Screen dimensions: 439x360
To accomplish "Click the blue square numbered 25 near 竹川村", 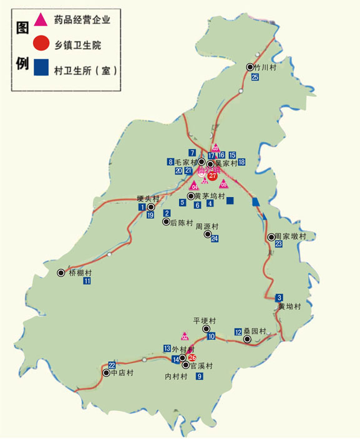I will coord(255,77).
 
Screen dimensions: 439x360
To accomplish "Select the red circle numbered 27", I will coord(212,176).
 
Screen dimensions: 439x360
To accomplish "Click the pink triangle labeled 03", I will coord(215,148).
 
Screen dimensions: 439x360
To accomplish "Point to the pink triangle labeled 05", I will coord(224,184).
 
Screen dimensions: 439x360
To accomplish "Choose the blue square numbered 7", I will coord(192,153).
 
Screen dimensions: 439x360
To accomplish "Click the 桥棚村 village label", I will coord(79,273).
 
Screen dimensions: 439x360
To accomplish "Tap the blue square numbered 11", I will coord(87,281).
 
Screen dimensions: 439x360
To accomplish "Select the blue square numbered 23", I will coord(278,244).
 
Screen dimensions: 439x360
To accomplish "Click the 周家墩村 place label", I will coord(291,236).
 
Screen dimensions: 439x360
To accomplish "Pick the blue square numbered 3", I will coord(280,297).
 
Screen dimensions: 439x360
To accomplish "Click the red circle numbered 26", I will coord(192,357).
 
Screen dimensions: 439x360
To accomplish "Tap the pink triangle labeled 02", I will coord(185,337).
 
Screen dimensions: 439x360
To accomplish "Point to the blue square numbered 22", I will coord(112,365).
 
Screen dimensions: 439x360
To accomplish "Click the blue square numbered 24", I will coord(215,239).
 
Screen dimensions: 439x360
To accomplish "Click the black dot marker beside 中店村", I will coord(105,373).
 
